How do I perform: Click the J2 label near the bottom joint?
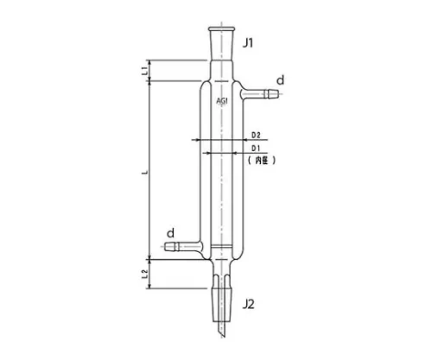click(249, 304)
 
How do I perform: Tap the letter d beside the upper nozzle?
click(281, 79)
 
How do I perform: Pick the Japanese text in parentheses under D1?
click(260, 161)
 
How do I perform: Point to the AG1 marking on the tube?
click(222, 101)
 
